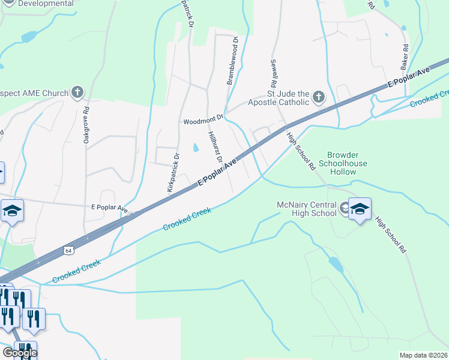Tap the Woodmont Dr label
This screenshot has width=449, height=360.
tap(203, 121)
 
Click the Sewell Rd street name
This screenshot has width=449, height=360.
tap(274, 71)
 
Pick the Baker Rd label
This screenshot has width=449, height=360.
tap(405, 55)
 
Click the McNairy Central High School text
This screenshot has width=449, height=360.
tap(307, 209)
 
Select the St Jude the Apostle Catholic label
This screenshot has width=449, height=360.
tap(288, 98)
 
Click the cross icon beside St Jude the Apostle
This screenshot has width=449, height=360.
tap(318, 97)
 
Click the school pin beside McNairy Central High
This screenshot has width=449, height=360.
tap(360, 209)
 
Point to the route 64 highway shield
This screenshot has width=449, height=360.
tap(68, 249)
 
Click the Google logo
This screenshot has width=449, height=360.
tap(19, 353)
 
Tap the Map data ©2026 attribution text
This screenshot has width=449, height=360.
tap(423, 355)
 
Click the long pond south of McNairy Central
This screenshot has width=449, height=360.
tap(336, 264)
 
